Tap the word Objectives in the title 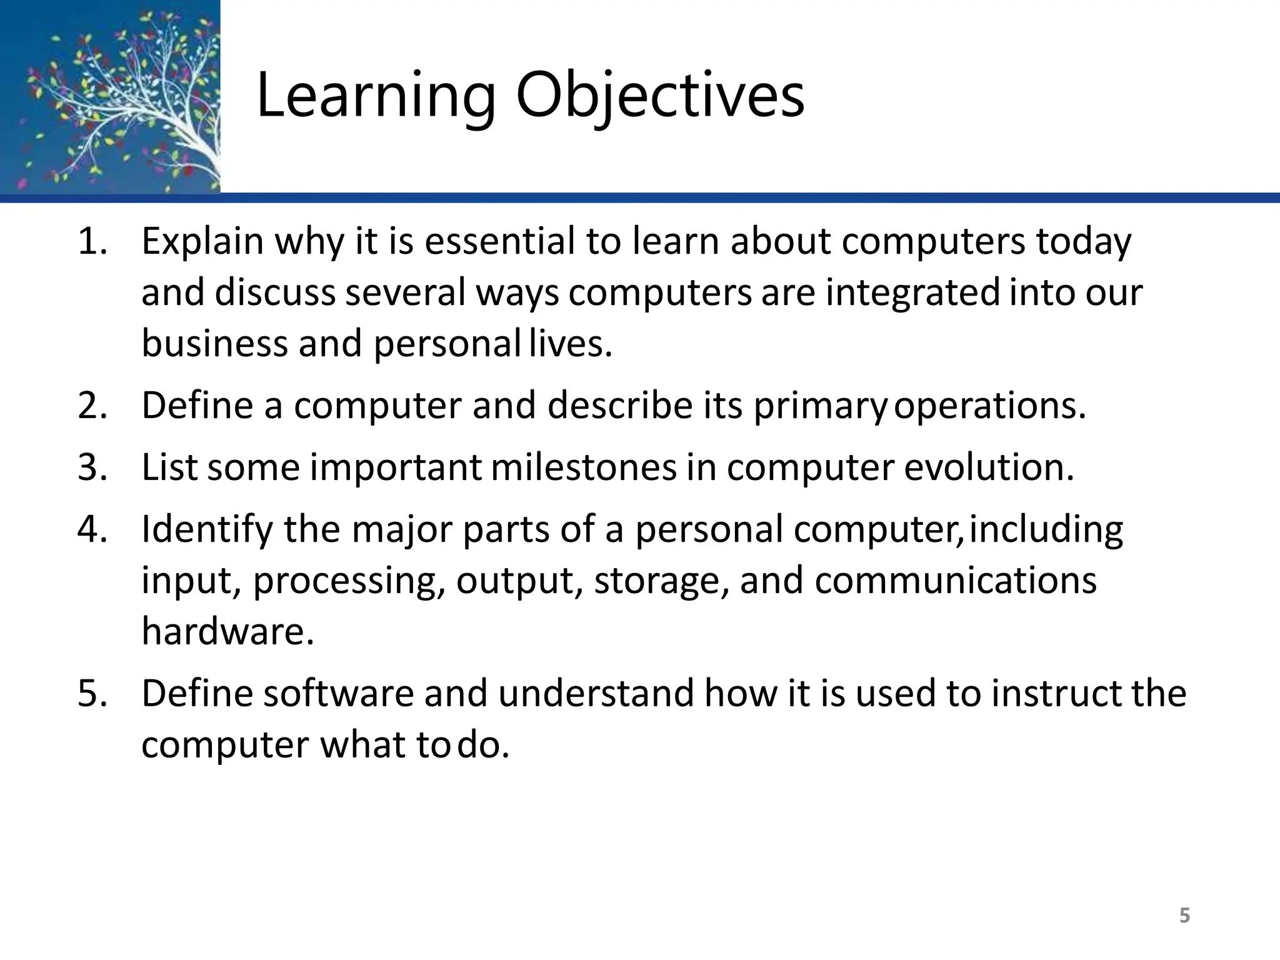point(660,95)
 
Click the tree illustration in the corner point(110,96)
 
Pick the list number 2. point(92,406)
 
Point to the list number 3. point(92,467)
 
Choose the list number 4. point(92,529)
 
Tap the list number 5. point(92,694)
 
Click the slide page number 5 point(1184,916)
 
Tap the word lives point(570,344)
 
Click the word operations point(990,406)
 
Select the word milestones point(584,467)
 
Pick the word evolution point(989,467)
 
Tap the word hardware point(227,632)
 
